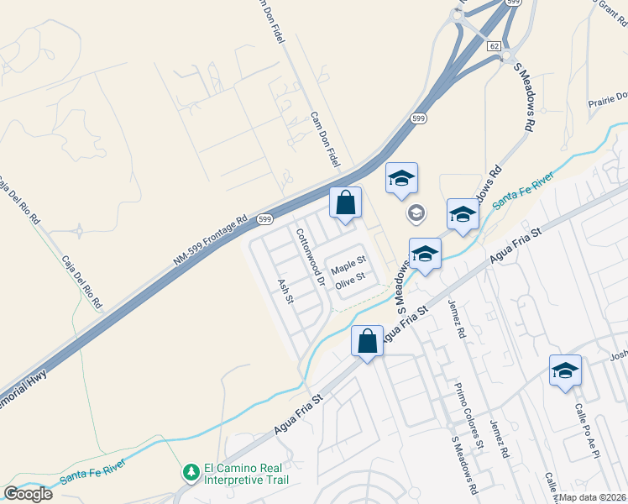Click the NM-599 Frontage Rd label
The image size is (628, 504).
pos(211,241)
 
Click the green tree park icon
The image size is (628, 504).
pos(192,473)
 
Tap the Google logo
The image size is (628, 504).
pos(28,494)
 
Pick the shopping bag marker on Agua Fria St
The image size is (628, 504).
pos(367,342)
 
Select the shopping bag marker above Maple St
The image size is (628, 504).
pos(345,202)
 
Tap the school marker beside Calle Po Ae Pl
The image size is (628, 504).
pos(565,370)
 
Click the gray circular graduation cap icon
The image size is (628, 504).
pos(416,214)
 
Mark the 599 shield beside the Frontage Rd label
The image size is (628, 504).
pos(265,219)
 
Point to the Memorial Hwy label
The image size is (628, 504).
pos(25,388)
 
